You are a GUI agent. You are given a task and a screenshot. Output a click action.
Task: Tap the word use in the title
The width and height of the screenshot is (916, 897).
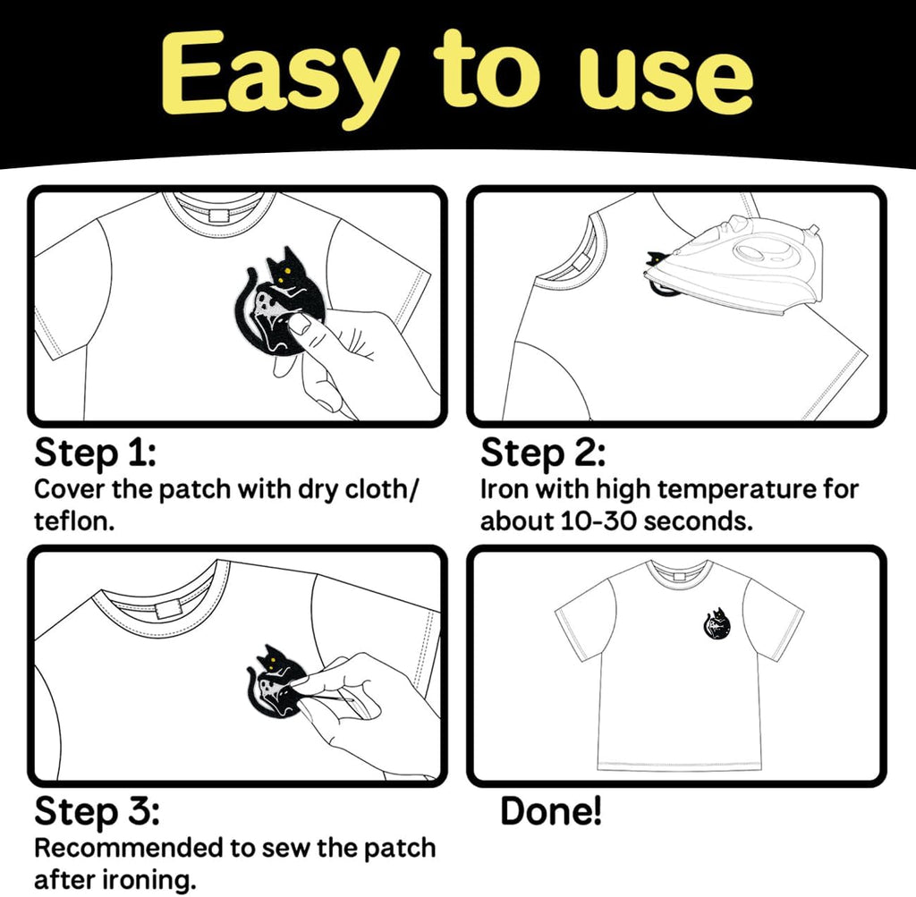(x=669, y=80)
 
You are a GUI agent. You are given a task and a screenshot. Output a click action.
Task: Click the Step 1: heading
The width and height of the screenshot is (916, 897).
(x=95, y=453)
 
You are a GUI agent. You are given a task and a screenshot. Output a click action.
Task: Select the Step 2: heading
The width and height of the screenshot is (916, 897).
(x=543, y=453)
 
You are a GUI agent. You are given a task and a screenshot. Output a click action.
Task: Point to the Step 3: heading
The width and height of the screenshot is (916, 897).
(x=97, y=812)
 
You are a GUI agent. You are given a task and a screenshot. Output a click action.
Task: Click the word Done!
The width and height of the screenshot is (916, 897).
(x=551, y=811)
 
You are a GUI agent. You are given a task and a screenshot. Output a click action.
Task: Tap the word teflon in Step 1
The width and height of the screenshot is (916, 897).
(x=71, y=520)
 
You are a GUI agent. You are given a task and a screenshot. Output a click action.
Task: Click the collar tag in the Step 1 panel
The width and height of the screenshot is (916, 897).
(x=218, y=216)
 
